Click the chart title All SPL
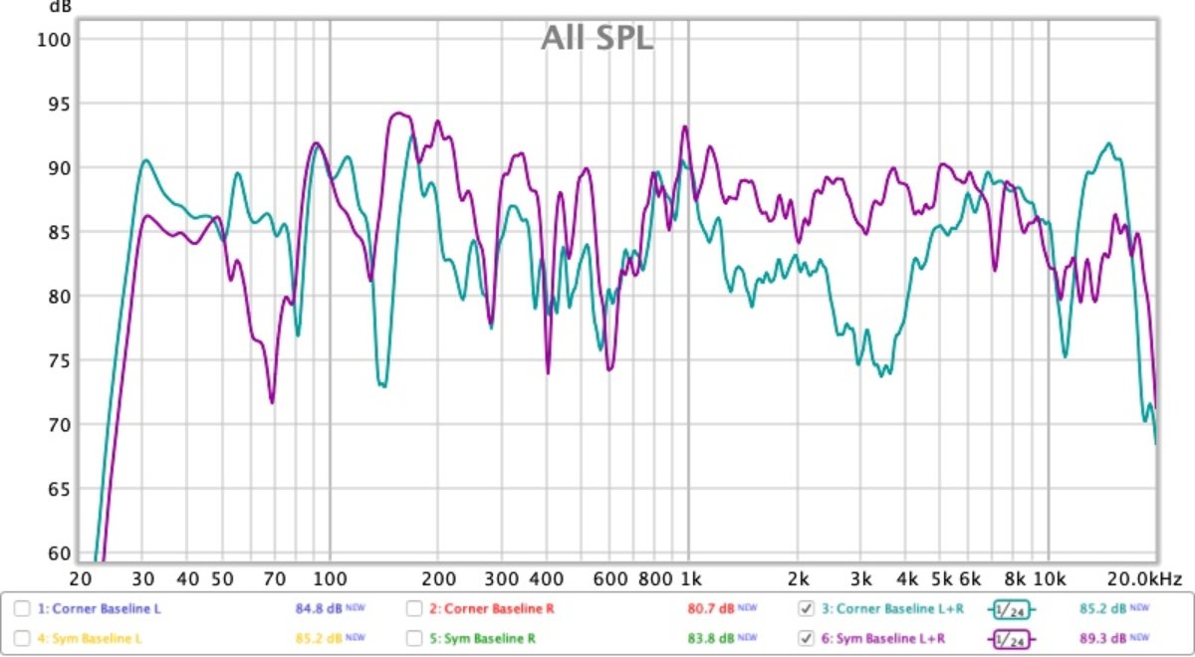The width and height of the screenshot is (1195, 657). tap(597, 38)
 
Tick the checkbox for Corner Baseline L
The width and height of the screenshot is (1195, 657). tap(22, 608)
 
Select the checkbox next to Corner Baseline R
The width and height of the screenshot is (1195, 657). tap(414, 608)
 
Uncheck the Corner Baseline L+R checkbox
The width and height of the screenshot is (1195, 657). tap(807, 608)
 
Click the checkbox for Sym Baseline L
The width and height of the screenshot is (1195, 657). tap(22, 637)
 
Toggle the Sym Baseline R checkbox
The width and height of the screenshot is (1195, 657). tap(414, 637)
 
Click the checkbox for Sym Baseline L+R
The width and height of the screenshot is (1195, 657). tap(807, 637)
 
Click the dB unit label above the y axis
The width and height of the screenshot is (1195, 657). tap(60, 6)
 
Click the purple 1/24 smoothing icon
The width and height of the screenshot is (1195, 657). tap(1011, 638)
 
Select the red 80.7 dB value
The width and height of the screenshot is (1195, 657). tap(711, 608)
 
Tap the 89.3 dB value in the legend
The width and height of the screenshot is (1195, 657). tap(1103, 637)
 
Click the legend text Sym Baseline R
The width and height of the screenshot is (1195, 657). tap(483, 637)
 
